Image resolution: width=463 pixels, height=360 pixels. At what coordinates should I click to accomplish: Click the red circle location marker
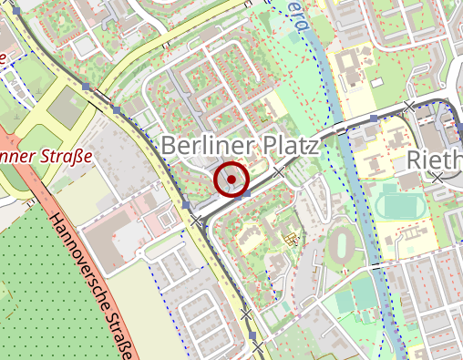click(x=231, y=180)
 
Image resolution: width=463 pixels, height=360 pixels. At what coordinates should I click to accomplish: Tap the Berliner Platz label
click(x=240, y=147)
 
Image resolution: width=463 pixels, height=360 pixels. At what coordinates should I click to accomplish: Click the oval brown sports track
click(x=345, y=243)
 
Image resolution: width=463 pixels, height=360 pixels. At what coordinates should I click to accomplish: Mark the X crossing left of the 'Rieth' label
click(x=411, y=103)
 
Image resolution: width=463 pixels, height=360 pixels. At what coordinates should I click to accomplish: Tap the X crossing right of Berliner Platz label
click(x=279, y=170)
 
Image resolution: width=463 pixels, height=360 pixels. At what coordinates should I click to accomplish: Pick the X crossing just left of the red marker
click(x=195, y=220)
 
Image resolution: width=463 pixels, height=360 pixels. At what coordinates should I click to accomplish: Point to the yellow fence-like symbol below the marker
click(x=291, y=240)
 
